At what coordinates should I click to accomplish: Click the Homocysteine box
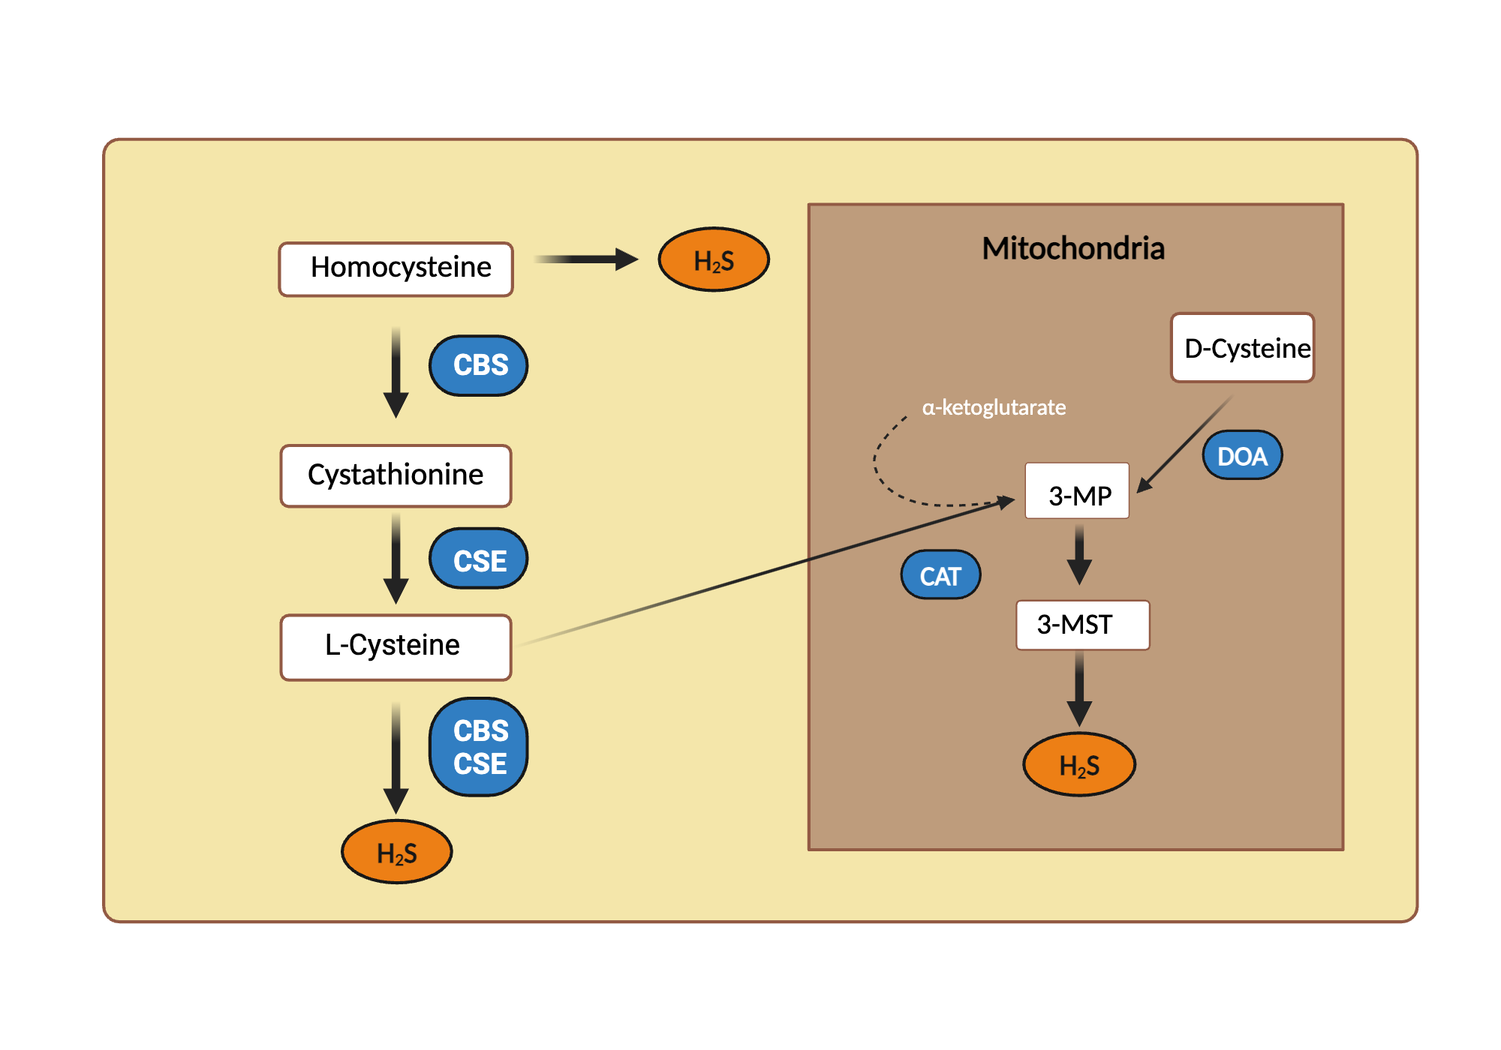click(x=396, y=268)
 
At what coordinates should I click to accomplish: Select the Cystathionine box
click(x=396, y=475)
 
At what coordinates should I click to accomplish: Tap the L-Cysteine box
click(x=396, y=646)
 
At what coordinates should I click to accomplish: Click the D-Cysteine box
click(x=1242, y=348)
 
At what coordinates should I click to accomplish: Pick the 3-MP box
click(x=1077, y=491)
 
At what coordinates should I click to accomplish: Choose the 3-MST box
click(x=1082, y=624)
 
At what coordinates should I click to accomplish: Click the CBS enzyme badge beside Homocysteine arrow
click(x=479, y=365)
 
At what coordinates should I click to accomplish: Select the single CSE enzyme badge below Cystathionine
click(x=479, y=559)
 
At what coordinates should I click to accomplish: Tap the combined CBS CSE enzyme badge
click(x=479, y=747)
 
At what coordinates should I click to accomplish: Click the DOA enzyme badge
click(x=1242, y=455)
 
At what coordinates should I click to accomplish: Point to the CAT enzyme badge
click(x=940, y=575)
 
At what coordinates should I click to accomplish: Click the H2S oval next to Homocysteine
click(x=714, y=259)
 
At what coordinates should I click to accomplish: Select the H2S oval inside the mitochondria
click(x=1079, y=764)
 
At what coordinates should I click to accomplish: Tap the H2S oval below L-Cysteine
click(x=396, y=852)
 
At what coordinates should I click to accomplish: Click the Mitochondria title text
click(x=1073, y=248)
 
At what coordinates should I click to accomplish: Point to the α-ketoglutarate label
click(x=994, y=407)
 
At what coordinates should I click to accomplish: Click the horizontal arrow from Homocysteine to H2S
click(x=585, y=259)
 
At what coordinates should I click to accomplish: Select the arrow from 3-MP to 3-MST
click(x=1079, y=555)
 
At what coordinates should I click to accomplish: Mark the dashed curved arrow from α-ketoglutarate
click(x=886, y=480)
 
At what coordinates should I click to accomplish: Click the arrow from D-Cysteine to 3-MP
click(x=1186, y=444)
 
